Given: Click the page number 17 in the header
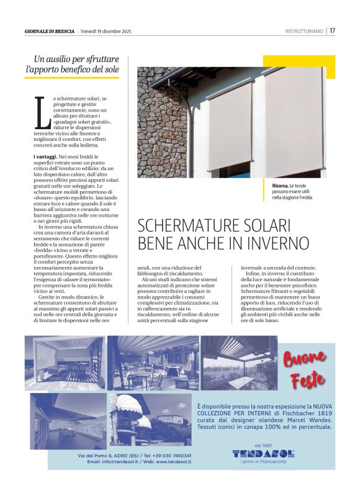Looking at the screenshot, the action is tap(332, 30).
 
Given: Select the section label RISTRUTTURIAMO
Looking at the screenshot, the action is tap(304, 31).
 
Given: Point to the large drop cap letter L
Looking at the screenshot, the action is tap(42, 114).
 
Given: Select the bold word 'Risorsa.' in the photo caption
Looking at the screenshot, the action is tap(281, 186).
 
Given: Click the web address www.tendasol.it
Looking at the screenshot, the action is tap(174, 462).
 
